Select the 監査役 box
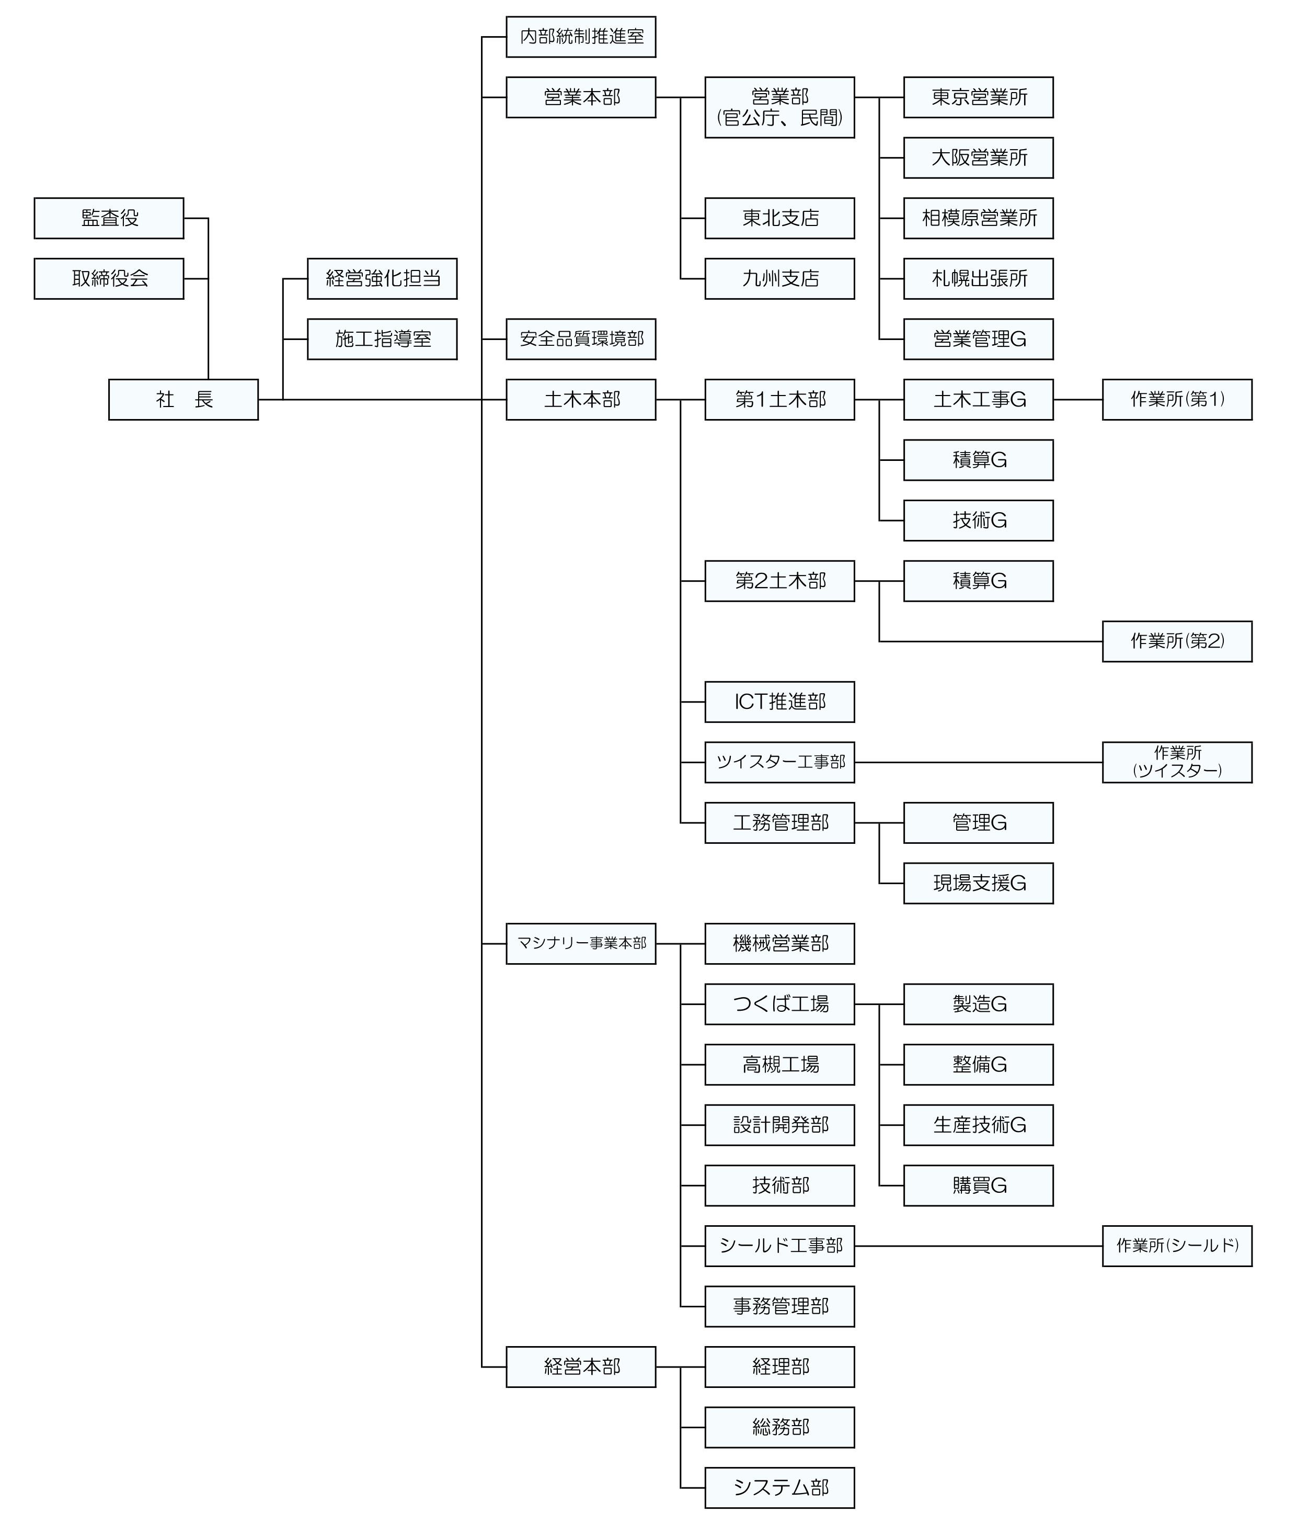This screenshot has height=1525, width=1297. pyautogui.click(x=109, y=218)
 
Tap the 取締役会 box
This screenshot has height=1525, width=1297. pyautogui.click(x=109, y=278)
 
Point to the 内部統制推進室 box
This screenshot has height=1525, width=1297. pyautogui.click(x=581, y=37)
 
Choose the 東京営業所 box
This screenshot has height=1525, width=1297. pyautogui.click(x=978, y=97)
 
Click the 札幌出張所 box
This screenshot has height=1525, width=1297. pyautogui.click(x=978, y=278)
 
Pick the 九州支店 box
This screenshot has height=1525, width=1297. pyautogui.click(x=779, y=278)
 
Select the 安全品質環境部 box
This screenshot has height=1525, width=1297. pyautogui.click(x=581, y=339)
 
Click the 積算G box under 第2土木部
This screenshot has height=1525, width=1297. pyautogui.click(x=978, y=581)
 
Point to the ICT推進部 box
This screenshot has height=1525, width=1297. pyautogui.click(x=779, y=702)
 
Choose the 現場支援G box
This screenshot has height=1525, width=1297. pyautogui.click(x=978, y=883)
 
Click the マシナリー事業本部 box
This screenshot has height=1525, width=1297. pyautogui.click(x=581, y=943)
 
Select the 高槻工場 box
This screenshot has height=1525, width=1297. pyautogui.click(x=779, y=1065)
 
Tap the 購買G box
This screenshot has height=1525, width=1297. pyautogui.click(x=978, y=1185)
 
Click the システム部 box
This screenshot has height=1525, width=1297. pyautogui.click(x=779, y=1487)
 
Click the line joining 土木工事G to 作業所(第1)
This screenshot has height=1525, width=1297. pyautogui.click(x=1078, y=400)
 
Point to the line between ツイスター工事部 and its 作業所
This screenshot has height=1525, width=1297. pyautogui.click(x=978, y=762)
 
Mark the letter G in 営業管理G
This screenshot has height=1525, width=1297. pyautogui.click(x=1018, y=339)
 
